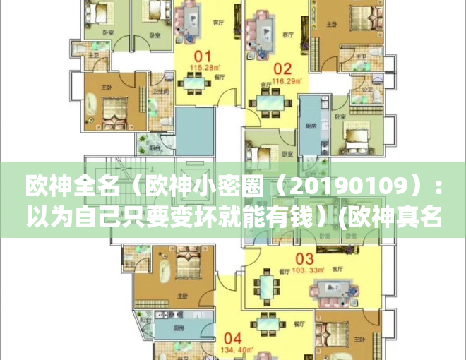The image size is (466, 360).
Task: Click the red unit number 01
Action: pos(203,56)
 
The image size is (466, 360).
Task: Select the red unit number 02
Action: pos(282,69)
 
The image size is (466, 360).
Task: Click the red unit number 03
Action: pos(304,258)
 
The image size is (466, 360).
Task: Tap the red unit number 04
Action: pos(234,337)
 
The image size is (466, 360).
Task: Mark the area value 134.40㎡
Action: pos(234,349)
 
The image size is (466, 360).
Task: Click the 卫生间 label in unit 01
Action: pos(160,91)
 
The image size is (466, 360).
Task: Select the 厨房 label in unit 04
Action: pos(160,329)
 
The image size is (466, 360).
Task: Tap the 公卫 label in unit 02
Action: pos(367,90)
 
